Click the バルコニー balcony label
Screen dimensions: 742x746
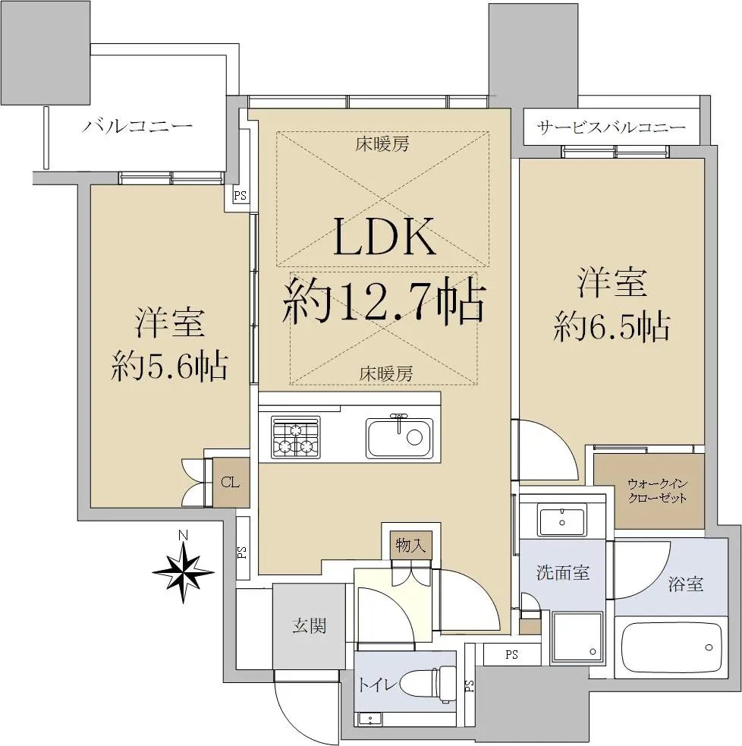pyautogui.click(x=137, y=126)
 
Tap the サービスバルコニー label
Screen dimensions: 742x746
pyautogui.click(x=612, y=127)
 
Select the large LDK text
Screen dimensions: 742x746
pyautogui.click(x=385, y=237)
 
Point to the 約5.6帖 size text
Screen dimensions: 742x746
pyautogui.click(x=169, y=365)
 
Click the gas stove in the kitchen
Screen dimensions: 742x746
pyautogui.click(x=295, y=437)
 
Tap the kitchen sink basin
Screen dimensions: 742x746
pyautogui.click(x=400, y=438)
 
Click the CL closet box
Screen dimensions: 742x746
pyautogui.click(x=231, y=483)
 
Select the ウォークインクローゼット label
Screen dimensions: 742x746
pyautogui.click(x=657, y=491)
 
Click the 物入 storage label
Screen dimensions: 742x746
pyautogui.click(x=410, y=545)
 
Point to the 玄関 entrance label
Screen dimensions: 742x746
pyautogui.click(x=310, y=625)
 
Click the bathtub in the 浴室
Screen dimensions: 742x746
pyautogui.click(x=671, y=647)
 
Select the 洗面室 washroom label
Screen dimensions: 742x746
pyautogui.click(x=563, y=572)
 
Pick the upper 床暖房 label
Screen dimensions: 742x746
pyautogui.click(x=382, y=143)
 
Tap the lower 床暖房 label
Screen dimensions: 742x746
pyautogui.click(x=385, y=374)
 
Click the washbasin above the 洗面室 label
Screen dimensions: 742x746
pyautogui.click(x=561, y=521)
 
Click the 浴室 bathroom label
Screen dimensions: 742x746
pyautogui.click(x=685, y=584)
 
